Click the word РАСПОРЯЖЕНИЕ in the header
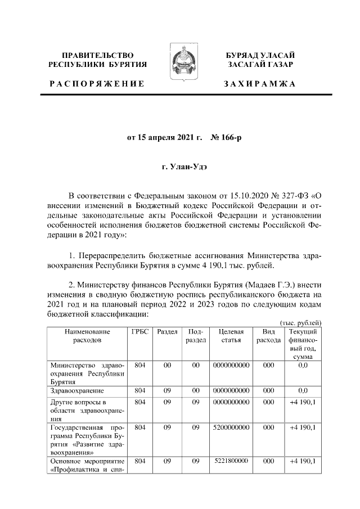coord(96,83)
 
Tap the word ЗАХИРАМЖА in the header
coord(260,83)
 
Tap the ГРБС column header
coord(140,332)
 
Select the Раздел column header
coord(167,332)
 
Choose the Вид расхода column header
coord(268,336)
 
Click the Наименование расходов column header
coord(87,336)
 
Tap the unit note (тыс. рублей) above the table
coord(300,322)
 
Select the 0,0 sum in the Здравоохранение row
coord(303,390)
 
